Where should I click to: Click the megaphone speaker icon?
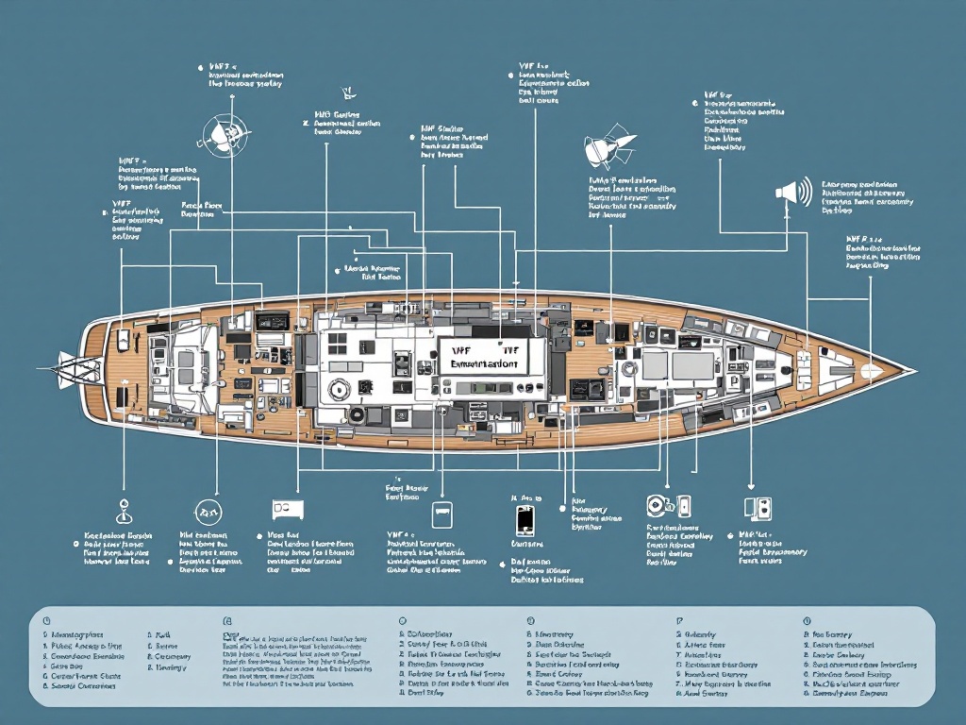[793, 193]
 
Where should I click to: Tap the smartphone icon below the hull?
[525, 519]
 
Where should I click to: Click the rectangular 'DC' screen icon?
[288, 509]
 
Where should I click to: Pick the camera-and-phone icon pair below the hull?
[669, 506]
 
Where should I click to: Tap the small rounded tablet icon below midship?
[440, 514]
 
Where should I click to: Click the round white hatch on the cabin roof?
[336, 388]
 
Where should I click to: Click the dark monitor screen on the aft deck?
[272, 322]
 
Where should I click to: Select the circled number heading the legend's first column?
[44, 620]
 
